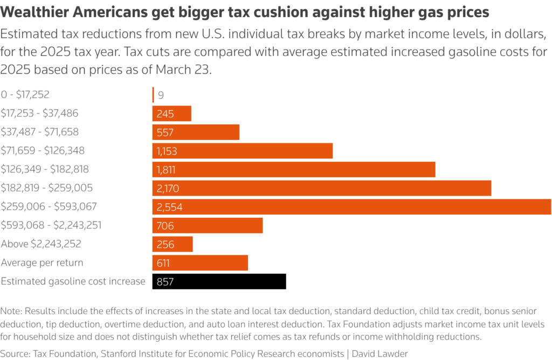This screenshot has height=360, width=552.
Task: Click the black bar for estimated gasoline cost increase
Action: click(x=219, y=281)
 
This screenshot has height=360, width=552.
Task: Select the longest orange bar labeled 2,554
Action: click(x=351, y=207)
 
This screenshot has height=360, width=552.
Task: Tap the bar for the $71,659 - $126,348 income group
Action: click(x=242, y=151)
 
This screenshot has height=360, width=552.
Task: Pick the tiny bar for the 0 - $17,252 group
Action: click(x=153, y=95)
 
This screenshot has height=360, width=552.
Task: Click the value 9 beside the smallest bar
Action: click(x=161, y=95)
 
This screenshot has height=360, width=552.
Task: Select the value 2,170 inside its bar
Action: click(x=168, y=189)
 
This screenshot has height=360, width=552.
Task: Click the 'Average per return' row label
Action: click(x=42, y=262)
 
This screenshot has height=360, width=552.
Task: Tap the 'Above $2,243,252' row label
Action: click(x=41, y=244)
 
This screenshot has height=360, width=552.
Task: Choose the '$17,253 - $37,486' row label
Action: click(x=43, y=113)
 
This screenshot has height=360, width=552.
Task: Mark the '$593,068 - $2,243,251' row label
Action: click(x=51, y=225)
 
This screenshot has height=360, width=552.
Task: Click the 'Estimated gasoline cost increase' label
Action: click(x=73, y=281)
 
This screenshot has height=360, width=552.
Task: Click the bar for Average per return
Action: click(x=200, y=263)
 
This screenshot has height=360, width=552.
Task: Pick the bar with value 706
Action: click(x=208, y=226)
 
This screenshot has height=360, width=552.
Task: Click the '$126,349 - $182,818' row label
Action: click(x=45, y=169)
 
